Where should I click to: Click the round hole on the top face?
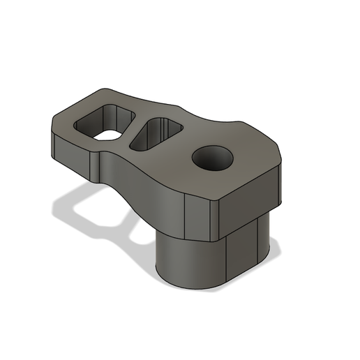(212, 159)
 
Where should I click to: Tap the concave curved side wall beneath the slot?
(140, 181)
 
